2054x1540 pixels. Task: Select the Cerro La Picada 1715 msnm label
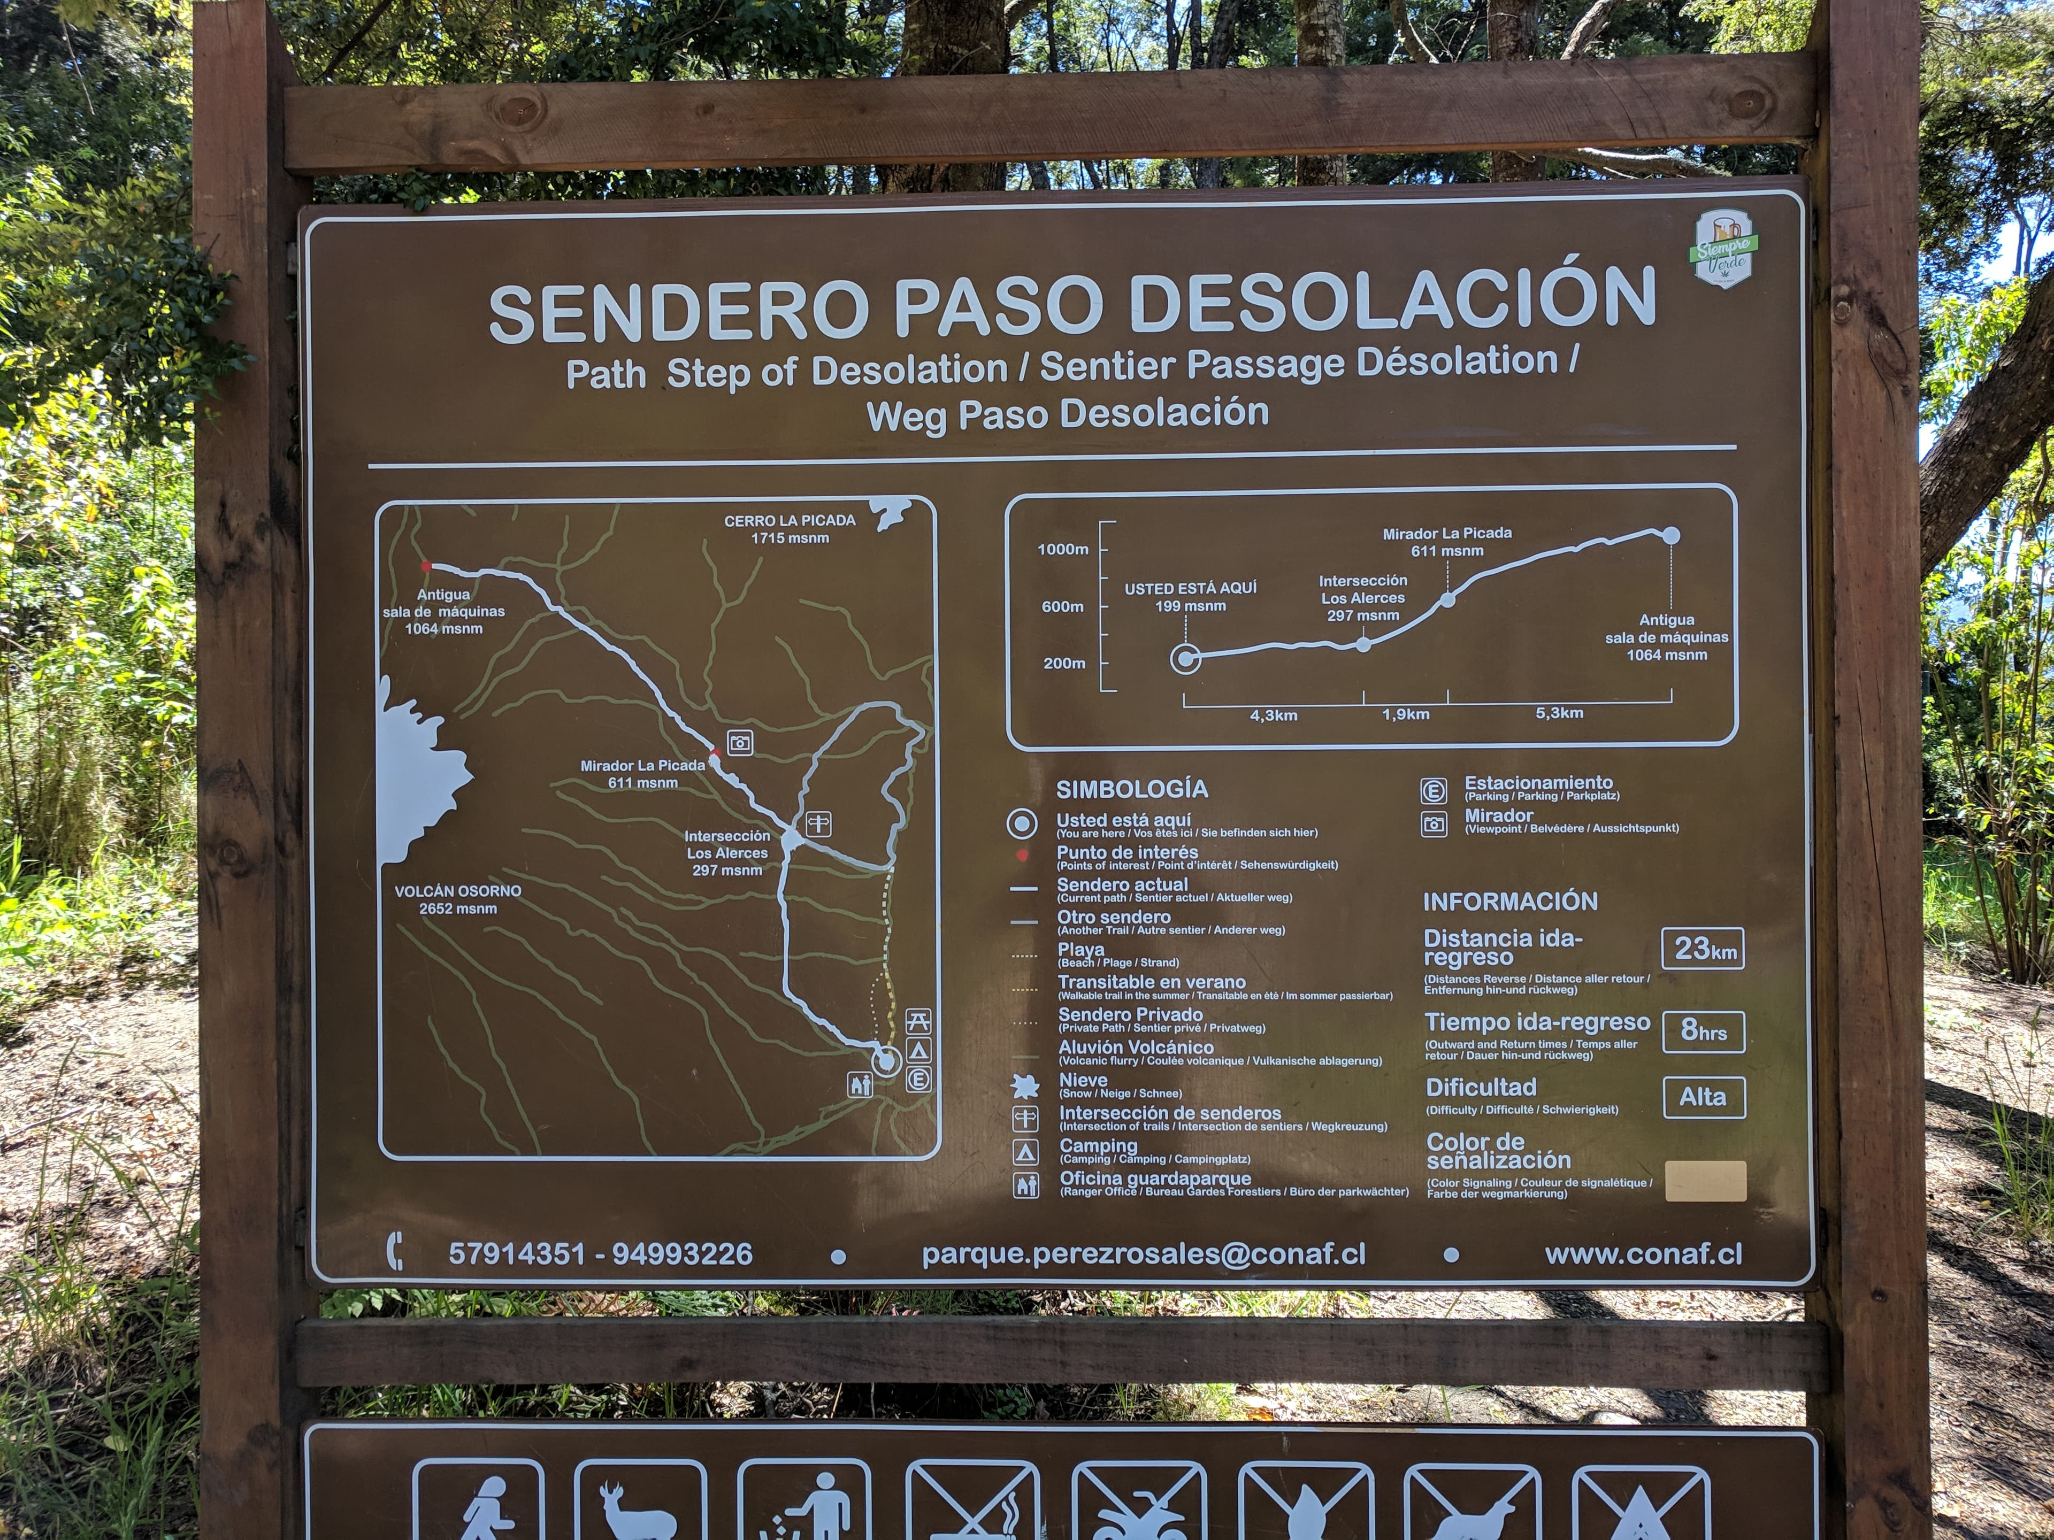point(790,529)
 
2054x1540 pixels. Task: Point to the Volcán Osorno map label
point(458,898)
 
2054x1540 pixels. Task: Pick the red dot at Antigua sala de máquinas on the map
point(426,565)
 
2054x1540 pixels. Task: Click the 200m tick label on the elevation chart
point(1064,663)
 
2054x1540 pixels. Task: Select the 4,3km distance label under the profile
point(1273,715)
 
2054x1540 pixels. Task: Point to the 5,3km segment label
point(1559,713)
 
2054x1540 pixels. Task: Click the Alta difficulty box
point(1703,1097)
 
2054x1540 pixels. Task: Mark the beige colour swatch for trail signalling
point(1705,1181)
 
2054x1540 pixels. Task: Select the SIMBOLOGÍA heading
point(1132,789)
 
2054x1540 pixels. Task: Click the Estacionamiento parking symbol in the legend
point(1433,791)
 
